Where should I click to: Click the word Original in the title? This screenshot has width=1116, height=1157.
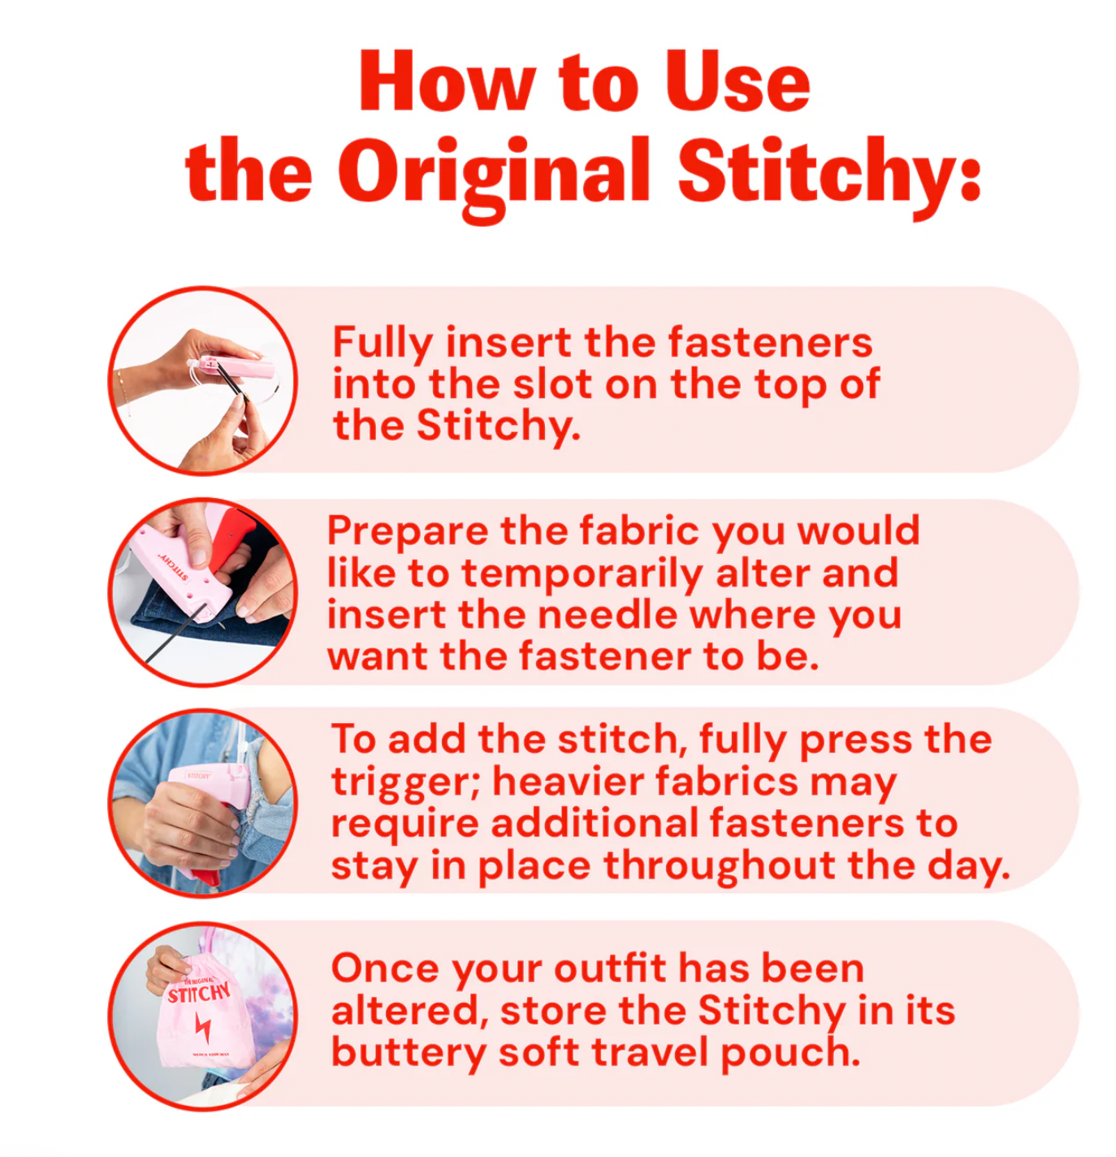tap(494, 172)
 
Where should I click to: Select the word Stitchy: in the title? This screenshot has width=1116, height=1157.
tap(828, 172)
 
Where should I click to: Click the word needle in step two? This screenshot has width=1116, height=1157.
tap(607, 615)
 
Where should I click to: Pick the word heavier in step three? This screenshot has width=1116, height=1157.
tap(568, 782)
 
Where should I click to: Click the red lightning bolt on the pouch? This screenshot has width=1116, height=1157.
tap(202, 1028)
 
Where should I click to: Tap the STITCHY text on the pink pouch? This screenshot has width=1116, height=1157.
tap(199, 993)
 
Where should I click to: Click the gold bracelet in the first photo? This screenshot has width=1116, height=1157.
tap(124, 386)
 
